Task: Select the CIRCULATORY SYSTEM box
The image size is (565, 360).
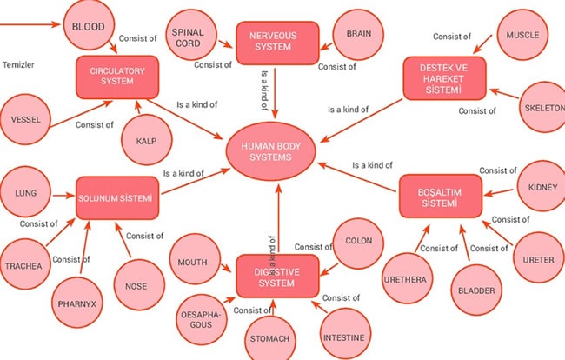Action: pos(116,77)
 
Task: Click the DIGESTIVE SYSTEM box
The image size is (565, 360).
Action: pos(274,277)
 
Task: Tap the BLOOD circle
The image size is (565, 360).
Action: pos(88,27)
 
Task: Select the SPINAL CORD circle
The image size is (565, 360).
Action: pos(193,37)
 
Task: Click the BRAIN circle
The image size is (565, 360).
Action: pos(358,35)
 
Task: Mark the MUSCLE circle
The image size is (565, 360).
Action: pos(522,36)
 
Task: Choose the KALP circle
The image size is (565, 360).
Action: pos(145,141)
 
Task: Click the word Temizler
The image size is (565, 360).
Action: pos(19,65)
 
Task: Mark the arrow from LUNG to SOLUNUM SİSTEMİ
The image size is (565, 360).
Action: pos(63,197)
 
